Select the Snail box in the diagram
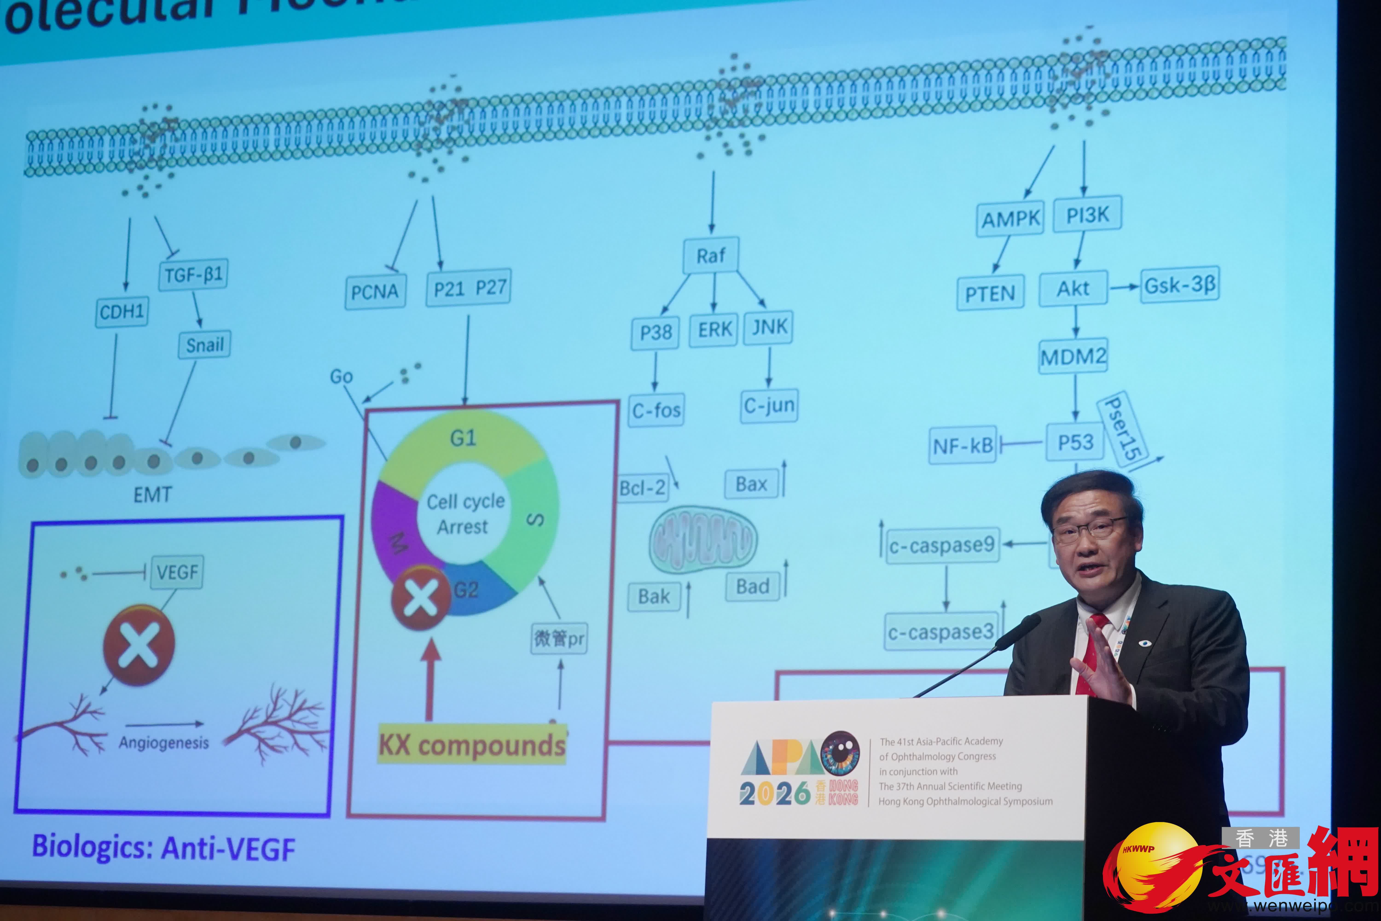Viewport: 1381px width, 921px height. coord(204,345)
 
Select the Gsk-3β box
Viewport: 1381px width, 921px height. coord(1180,286)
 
